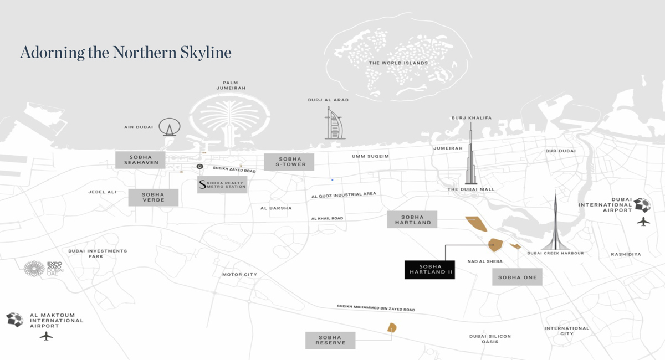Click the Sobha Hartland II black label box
[429, 270]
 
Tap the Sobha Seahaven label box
[141, 160]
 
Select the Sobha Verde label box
[153, 198]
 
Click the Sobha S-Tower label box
[289, 162]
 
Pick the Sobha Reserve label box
[330, 340]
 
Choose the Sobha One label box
[517, 277]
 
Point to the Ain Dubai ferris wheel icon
[169, 127]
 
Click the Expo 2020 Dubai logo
[34, 269]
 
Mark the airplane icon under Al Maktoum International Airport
[46, 336]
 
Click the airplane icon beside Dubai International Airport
[643, 222]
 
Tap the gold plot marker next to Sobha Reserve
[392, 328]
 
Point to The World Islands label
[398, 63]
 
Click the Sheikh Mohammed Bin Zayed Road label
[376, 308]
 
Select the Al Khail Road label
[327, 219]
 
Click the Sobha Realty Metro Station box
[222, 184]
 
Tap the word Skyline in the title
[206, 53]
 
